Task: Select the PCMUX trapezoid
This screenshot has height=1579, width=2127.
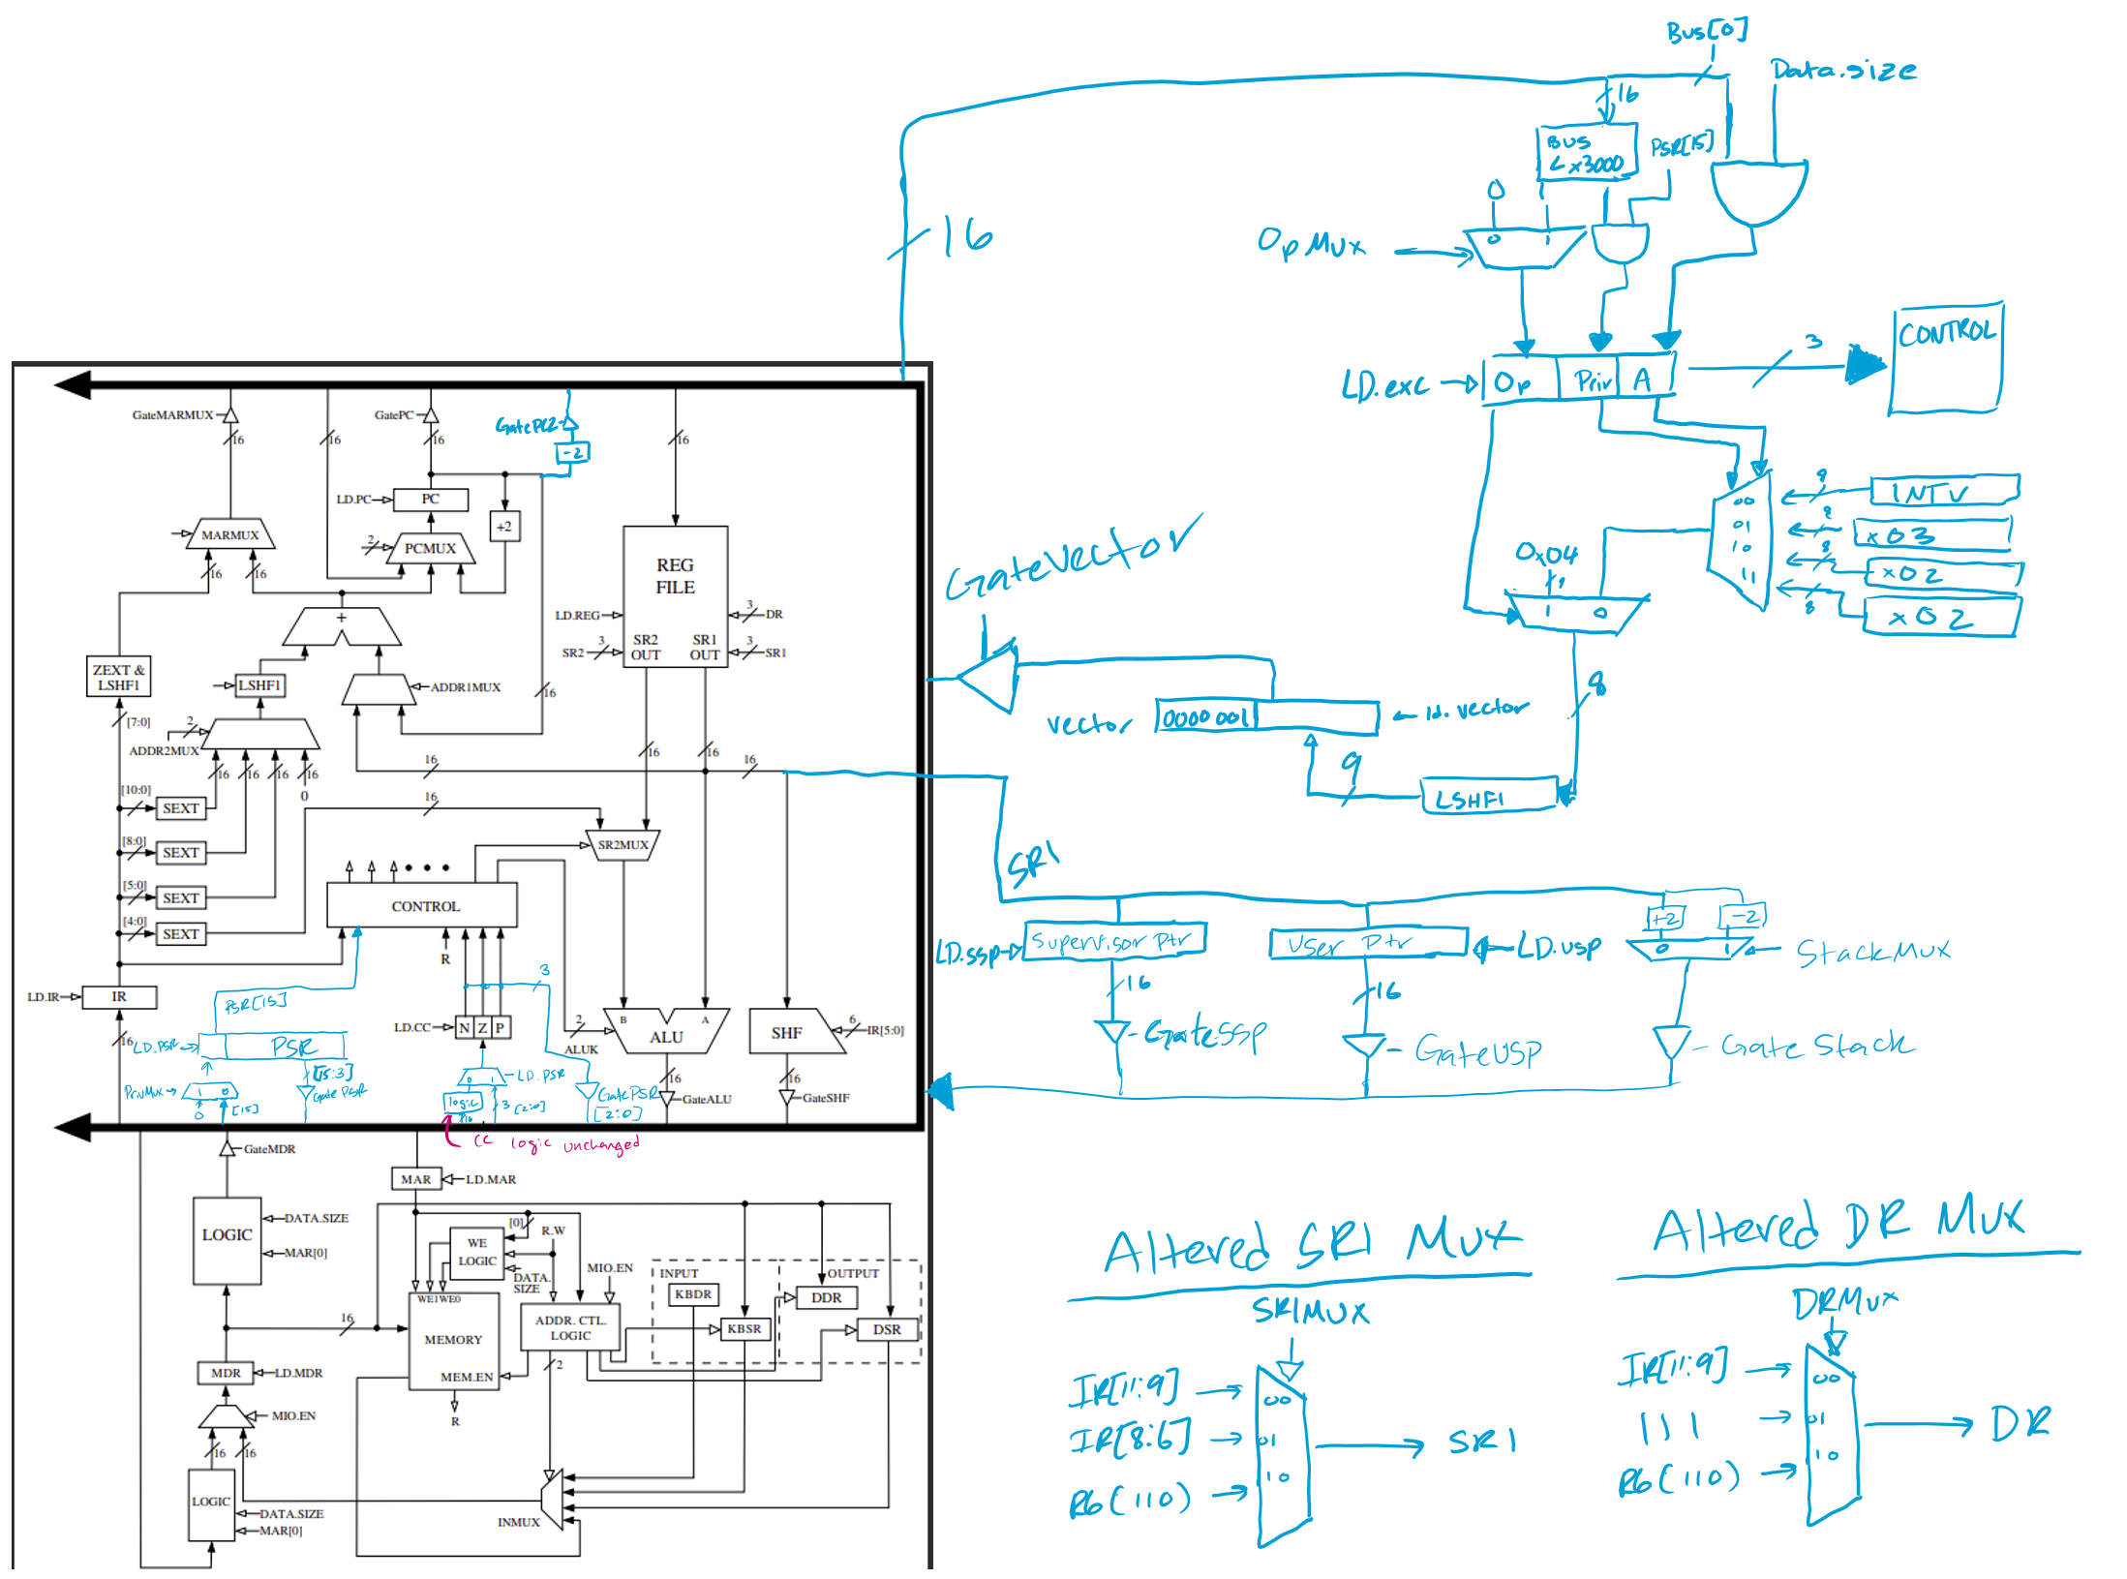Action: pos(430,549)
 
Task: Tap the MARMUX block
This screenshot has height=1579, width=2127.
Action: pos(230,535)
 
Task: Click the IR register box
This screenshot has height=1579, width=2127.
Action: pos(119,996)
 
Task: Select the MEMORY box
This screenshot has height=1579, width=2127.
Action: pos(453,1341)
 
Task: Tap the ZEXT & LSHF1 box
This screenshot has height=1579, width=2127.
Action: pos(118,677)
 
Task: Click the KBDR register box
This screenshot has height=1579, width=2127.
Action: pos(693,1294)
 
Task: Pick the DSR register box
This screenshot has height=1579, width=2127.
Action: pos(886,1329)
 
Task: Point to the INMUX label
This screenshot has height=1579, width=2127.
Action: pos(518,1522)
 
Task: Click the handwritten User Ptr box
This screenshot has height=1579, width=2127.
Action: pos(1368,943)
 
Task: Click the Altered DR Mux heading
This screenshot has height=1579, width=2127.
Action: pos(1837,1228)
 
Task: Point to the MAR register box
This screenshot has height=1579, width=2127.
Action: pos(416,1179)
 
